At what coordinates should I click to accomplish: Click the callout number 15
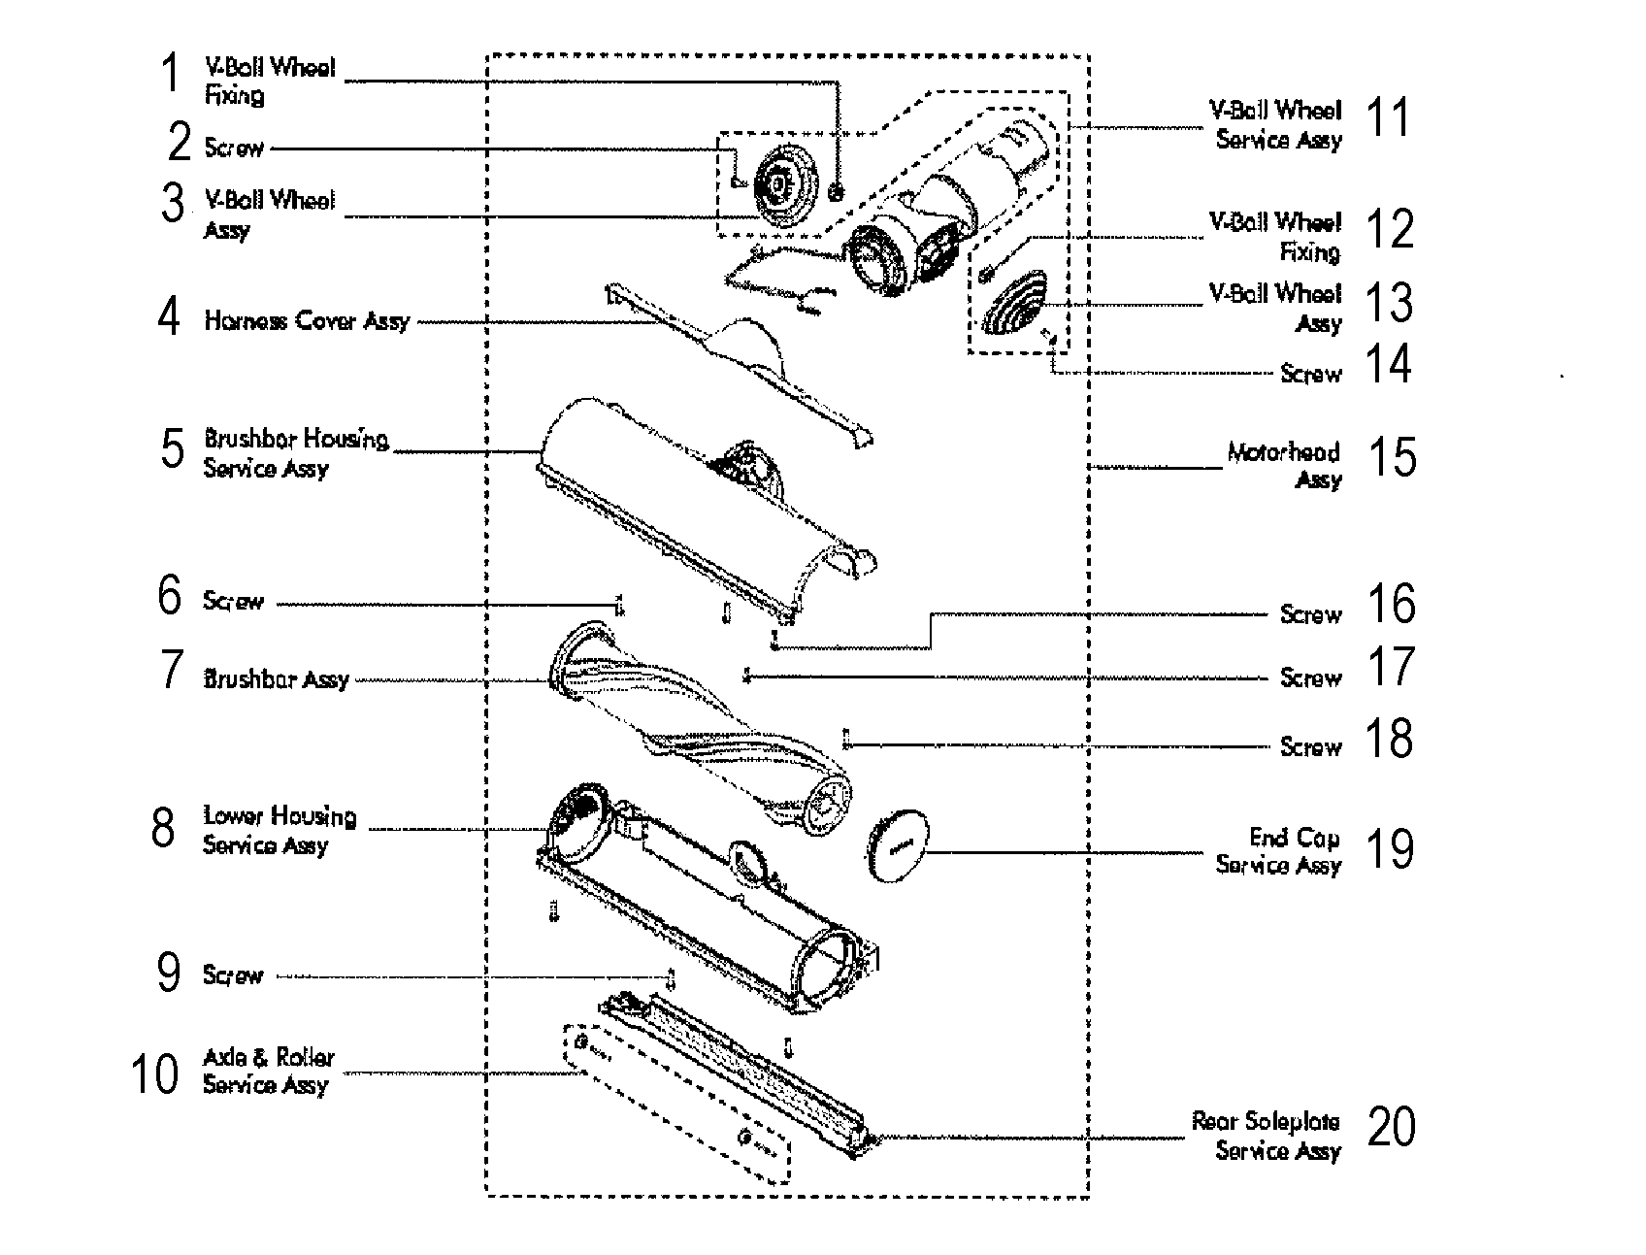[x=1392, y=457]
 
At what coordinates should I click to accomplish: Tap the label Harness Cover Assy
[x=307, y=321]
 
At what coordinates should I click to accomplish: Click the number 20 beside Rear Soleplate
[x=1391, y=1127]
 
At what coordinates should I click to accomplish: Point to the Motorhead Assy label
[x=1285, y=466]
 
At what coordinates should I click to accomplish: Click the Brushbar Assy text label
[x=276, y=679]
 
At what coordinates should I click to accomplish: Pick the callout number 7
[x=171, y=671]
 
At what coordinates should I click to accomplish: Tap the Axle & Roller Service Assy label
[x=268, y=1071]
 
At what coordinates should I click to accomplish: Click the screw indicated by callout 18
[x=846, y=740]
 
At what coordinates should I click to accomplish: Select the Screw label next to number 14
[x=1310, y=374]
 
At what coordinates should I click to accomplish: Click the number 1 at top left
[x=171, y=74]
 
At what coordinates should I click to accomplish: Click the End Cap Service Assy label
[x=1279, y=851]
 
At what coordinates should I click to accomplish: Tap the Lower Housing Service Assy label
[x=279, y=831]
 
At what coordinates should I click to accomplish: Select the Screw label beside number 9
[x=233, y=975]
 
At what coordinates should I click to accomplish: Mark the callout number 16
[x=1391, y=604]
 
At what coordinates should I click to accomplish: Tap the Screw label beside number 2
[x=234, y=149]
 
